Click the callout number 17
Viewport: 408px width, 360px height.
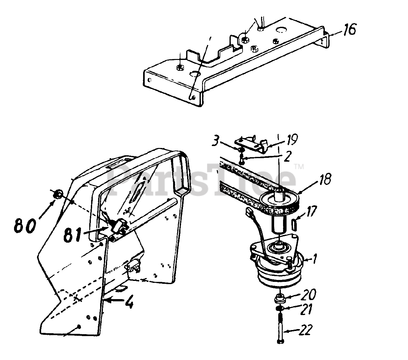(x=310, y=211)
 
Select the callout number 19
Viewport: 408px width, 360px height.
(x=290, y=140)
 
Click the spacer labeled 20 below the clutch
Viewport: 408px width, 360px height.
(x=280, y=298)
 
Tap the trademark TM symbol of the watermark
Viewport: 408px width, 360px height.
(x=299, y=167)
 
